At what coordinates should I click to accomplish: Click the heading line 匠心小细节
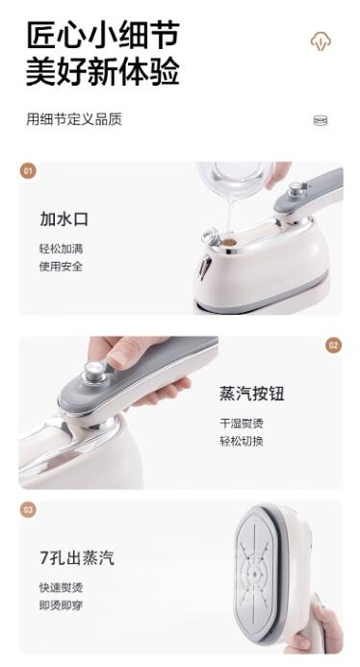pyautogui.click(x=103, y=36)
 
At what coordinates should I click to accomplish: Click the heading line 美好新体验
pyautogui.click(x=103, y=71)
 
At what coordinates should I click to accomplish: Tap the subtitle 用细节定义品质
pyautogui.click(x=74, y=119)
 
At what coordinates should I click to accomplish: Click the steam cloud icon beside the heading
pyautogui.click(x=321, y=40)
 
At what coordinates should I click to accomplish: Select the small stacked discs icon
pyautogui.click(x=321, y=121)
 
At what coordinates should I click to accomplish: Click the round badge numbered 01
pyautogui.click(x=28, y=171)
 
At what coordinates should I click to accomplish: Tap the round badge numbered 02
pyautogui.click(x=334, y=345)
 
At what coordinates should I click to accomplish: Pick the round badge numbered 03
pyautogui.click(x=28, y=509)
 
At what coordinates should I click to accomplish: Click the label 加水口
pyautogui.click(x=64, y=219)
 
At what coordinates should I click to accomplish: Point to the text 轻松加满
pyautogui.click(x=61, y=248)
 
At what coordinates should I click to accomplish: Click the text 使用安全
pyautogui.click(x=61, y=267)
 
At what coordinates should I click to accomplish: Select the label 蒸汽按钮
pyautogui.click(x=252, y=394)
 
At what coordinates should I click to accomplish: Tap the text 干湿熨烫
pyautogui.click(x=242, y=423)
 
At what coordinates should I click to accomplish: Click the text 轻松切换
pyautogui.click(x=242, y=441)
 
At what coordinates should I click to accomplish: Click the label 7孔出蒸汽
pyautogui.click(x=77, y=557)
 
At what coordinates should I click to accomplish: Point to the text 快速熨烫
pyautogui.click(x=61, y=587)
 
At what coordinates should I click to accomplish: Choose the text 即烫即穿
pyautogui.click(x=61, y=605)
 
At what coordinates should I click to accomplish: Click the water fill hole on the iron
pyautogui.click(x=230, y=243)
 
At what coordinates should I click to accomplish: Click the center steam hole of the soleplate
pyautogui.click(x=254, y=575)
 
